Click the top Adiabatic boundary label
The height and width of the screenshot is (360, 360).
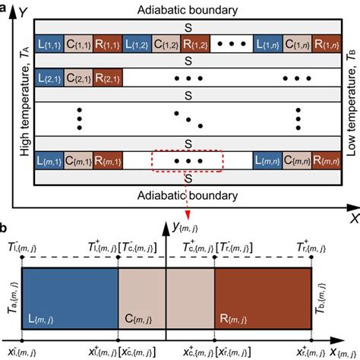click(179, 11)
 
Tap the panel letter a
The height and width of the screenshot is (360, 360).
click(5, 6)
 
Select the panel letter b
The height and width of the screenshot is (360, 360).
click(5, 207)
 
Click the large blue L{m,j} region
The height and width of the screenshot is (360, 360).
click(70, 289)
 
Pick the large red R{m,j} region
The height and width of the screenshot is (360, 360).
click(263, 289)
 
